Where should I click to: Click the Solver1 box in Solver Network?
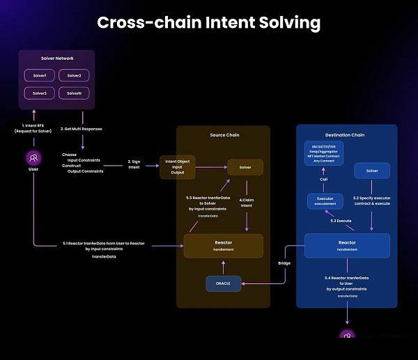pyautogui.click(x=40, y=75)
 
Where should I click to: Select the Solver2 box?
pyautogui.click(x=74, y=75)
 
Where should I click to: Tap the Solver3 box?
pyautogui.click(x=40, y=93)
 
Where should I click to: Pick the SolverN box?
pyautogui.click(x=74, y=93)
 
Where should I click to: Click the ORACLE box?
pyautogui.click(x=223, y=283)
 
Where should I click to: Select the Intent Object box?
pyautogui.click(x=178, y=167)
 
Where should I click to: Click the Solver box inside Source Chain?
pyautogui.click(x=245, y=168)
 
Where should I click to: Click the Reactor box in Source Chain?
pyautogui.click(x=223, y=245)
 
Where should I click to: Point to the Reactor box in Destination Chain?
pyautogui.click(x=347, y=245)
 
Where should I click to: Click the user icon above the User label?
pyautogui.click(x=33, y=158)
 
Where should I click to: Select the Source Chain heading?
pyautogui.click(x=222, y=134)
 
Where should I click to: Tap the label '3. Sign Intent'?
pyautogui.click(x=135, y=164)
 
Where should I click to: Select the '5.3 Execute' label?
pyautogui.click(x=341, y=221)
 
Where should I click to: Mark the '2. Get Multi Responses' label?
pyautogui.click(x=87, y=130)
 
